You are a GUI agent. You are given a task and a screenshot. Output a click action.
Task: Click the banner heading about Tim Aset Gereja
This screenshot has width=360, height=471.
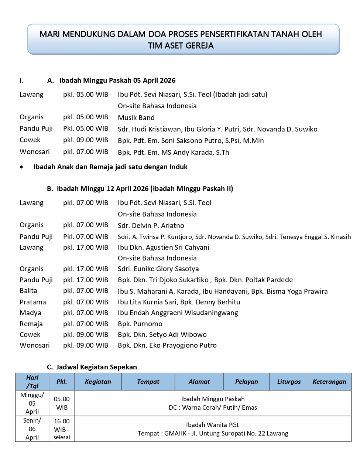[x=181, y=40]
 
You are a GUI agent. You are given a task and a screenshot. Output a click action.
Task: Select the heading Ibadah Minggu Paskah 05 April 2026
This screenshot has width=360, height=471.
[x=117, y=81]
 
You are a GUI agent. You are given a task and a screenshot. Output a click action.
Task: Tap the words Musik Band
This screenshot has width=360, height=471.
[x=136, y=118]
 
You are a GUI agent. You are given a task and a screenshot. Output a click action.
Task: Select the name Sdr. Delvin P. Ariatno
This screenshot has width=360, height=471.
[x=151, y=226]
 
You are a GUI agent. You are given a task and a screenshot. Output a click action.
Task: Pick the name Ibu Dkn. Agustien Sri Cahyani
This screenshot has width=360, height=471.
[x=163, y=248]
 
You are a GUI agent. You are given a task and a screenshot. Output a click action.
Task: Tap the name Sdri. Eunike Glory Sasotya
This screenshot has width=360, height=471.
[x=158, y=269]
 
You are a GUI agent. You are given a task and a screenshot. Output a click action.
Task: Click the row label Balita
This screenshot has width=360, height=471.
[x=28, y=291]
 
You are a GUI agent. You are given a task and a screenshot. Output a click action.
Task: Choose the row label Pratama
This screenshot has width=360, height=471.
[x=33, y=302]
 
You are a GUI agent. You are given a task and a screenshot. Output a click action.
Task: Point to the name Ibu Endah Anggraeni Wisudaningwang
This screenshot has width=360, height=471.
[x=178, y=313]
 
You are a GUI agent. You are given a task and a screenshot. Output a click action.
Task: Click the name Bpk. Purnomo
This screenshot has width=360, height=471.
[x=140, y=324]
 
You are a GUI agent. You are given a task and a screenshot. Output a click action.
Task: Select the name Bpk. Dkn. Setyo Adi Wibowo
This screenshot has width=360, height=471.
[x=162, y=335]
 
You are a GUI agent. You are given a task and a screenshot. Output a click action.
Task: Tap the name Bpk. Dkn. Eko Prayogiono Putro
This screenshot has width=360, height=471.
[x=167, y=345]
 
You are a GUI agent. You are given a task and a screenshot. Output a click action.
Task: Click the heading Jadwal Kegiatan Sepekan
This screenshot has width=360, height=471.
[x=96, y=367]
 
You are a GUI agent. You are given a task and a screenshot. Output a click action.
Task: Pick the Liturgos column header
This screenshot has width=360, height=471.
[x=289, y=382]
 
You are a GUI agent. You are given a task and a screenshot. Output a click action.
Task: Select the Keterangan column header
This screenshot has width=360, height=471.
[x=329, y=382]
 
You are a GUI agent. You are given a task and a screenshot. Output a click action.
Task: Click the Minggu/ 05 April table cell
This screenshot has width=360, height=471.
[x=32, y=403]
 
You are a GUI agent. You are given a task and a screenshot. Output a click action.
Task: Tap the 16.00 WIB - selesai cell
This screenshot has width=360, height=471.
[x=62, y=429]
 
